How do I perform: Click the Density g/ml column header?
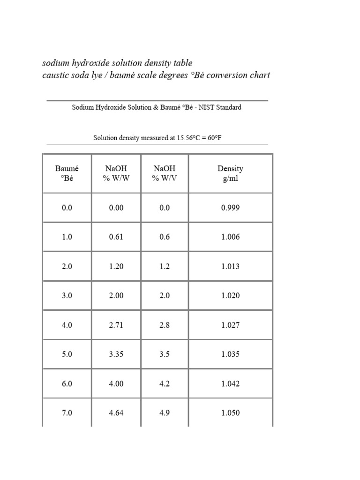[x=230, y=173]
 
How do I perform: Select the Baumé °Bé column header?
[x=67, y=173]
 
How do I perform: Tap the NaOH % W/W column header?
[x=116, y=173]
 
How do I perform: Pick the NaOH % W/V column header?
[x=165, y=173]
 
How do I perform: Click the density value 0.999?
[x=230, y=208]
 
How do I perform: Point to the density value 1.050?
[x=230, y=413]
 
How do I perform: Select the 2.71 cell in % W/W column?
[x=116, y=325]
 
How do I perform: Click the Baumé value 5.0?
[x=67, y=354]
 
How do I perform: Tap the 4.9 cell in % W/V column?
[x=165, y=413]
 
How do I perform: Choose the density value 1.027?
[x=230, y=325]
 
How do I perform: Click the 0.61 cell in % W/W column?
[x=116, y=237]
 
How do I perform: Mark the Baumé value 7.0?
[x=67, y=413]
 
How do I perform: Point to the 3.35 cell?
[x=116, y=354]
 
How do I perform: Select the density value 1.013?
[x=230, y=266]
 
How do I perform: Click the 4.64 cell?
[x=116, y=413]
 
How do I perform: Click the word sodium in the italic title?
[x=55, y=63]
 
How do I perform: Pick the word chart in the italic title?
[x=260, y=75]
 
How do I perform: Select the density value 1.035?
[x=230, y=354]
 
